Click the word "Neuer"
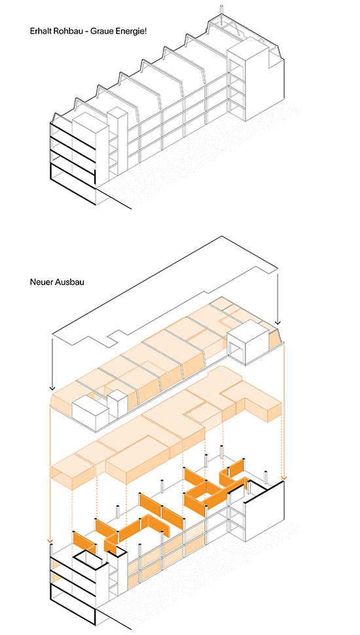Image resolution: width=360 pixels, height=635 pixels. [40, 282]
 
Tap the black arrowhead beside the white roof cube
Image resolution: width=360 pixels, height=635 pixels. [278, 322]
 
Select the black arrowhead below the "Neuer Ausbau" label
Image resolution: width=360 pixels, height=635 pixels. [52, 388]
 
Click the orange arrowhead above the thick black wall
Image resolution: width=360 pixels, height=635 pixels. [284, 477]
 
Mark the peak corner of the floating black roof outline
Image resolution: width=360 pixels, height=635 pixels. [222, 236]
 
